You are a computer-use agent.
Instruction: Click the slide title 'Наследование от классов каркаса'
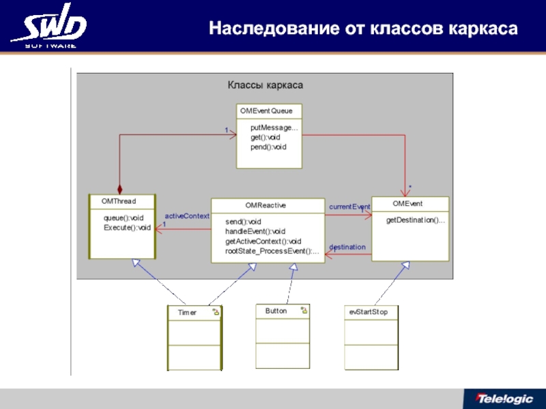pos(363,29)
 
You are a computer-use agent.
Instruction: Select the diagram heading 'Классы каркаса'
pos(265,85)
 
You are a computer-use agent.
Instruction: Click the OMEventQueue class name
pos(265,110)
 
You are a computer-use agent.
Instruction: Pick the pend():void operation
pos(268,147)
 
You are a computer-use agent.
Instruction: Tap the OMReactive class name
pos(265,204)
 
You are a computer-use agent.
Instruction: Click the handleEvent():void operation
pos(255,232)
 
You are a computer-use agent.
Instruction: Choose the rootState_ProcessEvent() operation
pos(272,251)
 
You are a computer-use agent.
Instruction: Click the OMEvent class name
pos(407,203)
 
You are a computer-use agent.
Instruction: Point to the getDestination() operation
pos(416,220)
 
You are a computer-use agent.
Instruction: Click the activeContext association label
pos(187,216)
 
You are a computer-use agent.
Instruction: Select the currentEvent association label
pos(349,206)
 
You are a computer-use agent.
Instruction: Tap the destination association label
pos(347,247)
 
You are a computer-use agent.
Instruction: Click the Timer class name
pos(187,312)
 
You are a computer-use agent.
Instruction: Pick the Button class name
pos(276,310)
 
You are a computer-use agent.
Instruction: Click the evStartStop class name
pos(368,311)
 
